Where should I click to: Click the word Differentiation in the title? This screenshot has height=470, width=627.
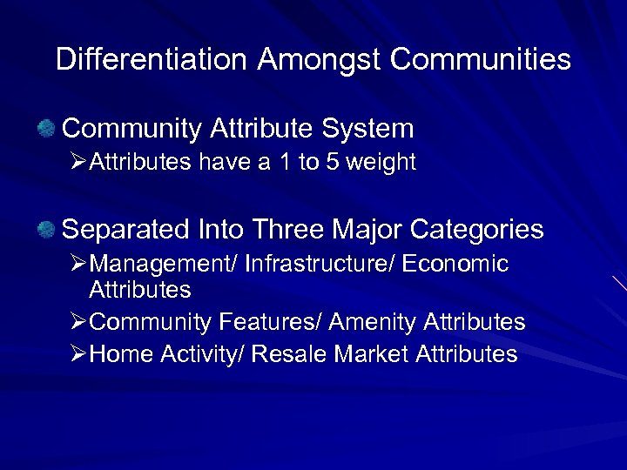pos(152,60)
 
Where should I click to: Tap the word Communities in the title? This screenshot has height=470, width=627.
pos(481,60)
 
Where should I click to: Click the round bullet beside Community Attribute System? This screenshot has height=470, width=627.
pos(46,130)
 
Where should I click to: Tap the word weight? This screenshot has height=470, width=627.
pos(382,163)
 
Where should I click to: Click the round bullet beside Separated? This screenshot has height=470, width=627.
pos(46,230)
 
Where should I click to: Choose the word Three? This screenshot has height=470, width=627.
pos(287,230)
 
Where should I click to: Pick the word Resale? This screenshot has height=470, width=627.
pos(288,354)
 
